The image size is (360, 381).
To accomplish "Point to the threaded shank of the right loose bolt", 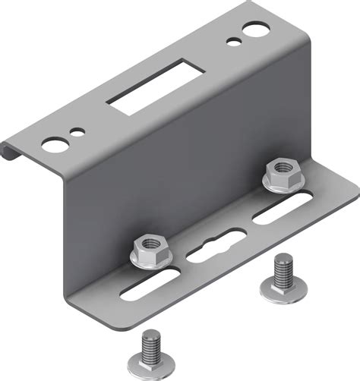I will tap(283, 269).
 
